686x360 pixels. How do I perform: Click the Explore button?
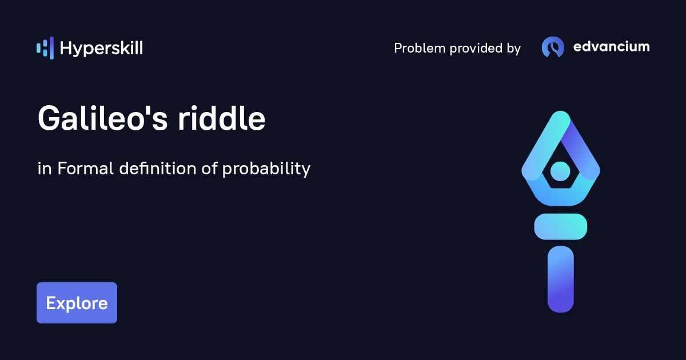coord(77,303)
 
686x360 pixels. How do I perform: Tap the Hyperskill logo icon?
coord(45,48)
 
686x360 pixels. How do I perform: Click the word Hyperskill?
coord(101,49)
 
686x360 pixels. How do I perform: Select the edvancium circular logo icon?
coord(553,47)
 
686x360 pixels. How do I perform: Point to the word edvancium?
coord(611,47)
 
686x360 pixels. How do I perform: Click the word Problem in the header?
coord(420,49)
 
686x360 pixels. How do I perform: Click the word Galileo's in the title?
coord(103,119)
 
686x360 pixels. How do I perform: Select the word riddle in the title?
coord(221,119)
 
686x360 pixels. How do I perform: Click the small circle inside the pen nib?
coord(560,170)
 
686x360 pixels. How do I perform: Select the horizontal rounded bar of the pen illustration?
coord(560,226)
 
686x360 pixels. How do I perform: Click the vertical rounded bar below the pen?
coord(560,279)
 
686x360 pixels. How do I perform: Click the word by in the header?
coord(513,49)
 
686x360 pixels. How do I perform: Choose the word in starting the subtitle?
coord(45,169)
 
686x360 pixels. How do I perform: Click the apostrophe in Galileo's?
coord(155,110)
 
